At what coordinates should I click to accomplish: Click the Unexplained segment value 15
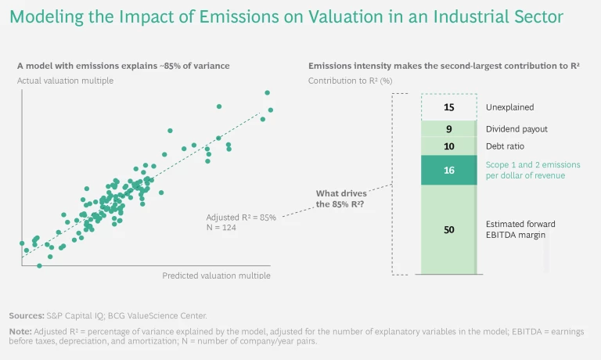point(448,107)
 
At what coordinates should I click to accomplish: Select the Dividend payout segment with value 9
point(448,128)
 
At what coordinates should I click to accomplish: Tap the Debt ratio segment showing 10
point(448,146)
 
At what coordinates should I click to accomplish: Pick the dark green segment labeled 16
point(448,169)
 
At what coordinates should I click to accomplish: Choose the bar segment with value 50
point(448,229)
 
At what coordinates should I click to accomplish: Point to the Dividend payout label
point(516,128)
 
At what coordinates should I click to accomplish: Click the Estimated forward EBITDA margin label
point(520,229)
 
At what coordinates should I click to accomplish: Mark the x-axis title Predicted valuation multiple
point(216,275)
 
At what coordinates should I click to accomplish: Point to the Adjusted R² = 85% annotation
point(240,217)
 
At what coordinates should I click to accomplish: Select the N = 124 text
point(221,228)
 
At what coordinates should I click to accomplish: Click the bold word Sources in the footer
point(26,315)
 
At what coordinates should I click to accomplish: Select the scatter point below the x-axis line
point(39,266)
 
